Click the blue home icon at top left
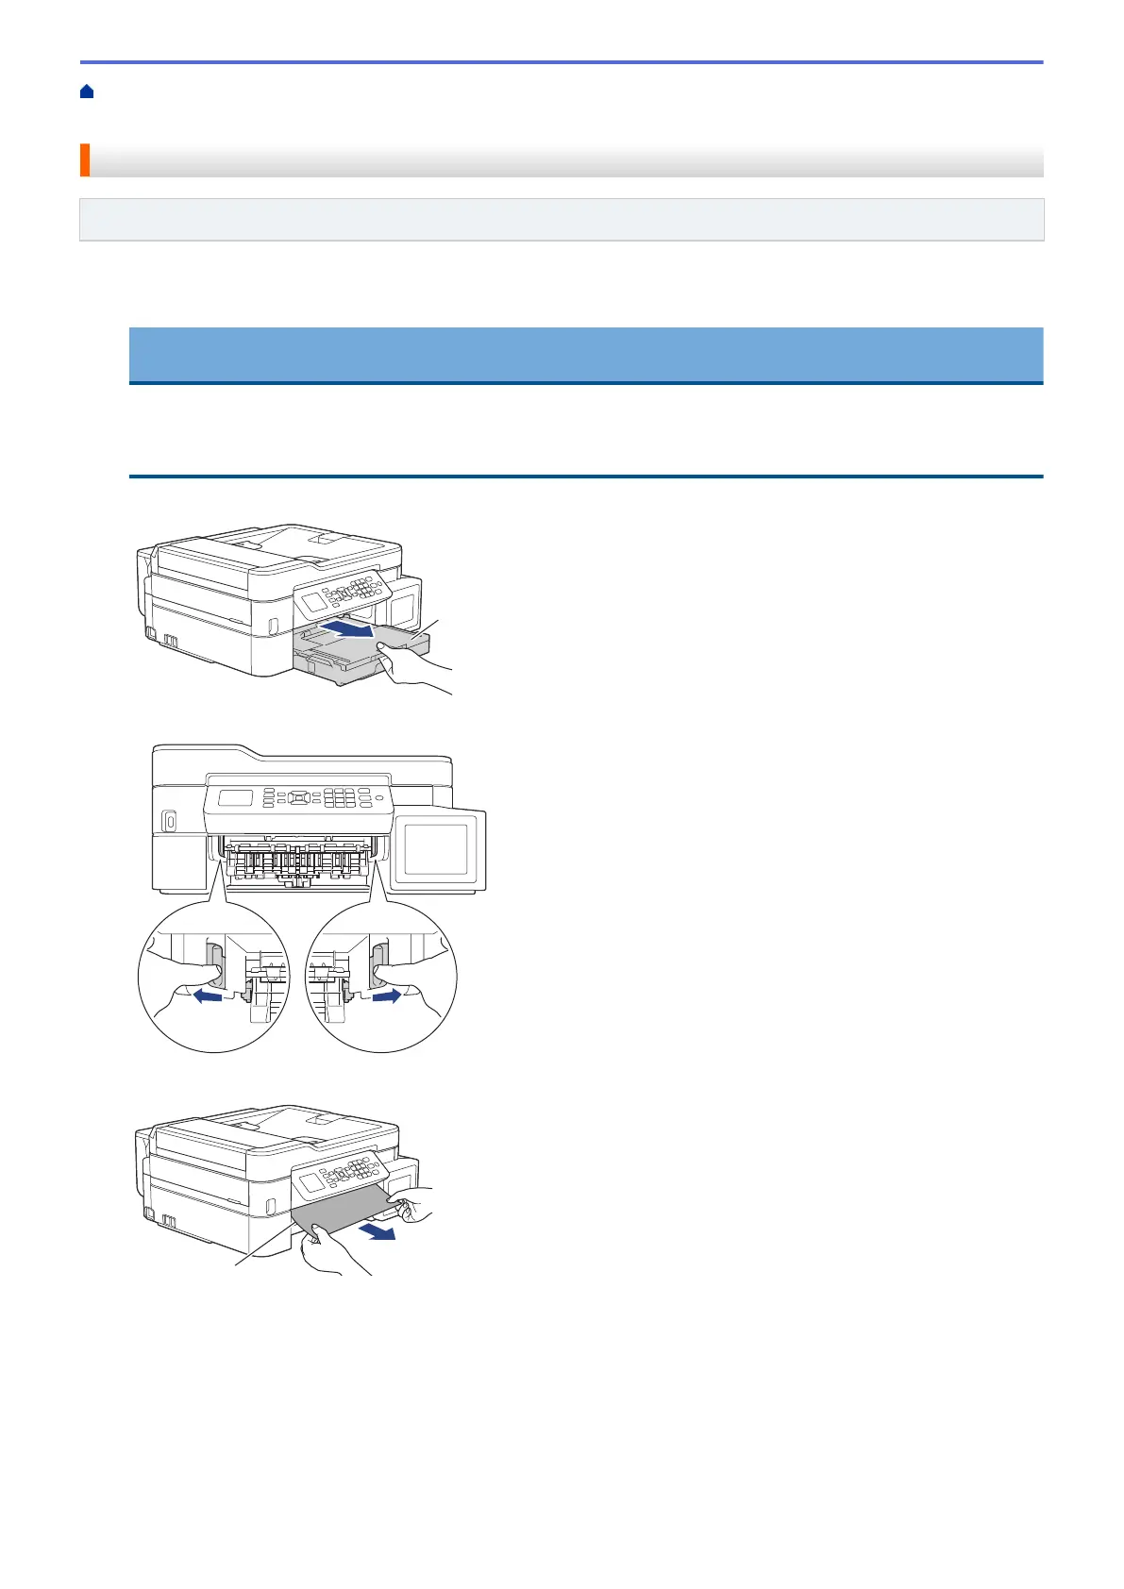pyautogui.click(x=87, y=92)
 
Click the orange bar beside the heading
pyautogui.click(x=84, y=160)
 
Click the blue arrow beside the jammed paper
pyautogui.click(x=381, y=1232)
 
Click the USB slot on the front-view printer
pyautogui.click(x=169, y=822)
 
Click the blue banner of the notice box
pyautogui.click(x=585, y=354)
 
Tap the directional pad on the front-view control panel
pyautogui.click(x=299, y=797)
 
